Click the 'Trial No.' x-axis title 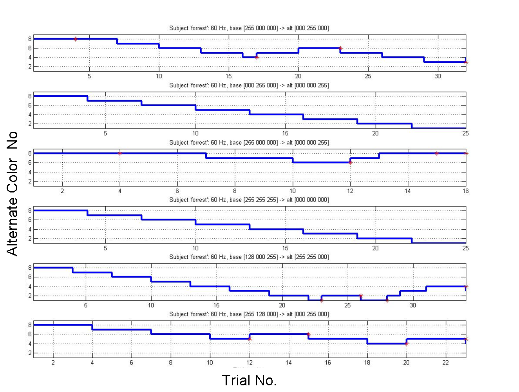click(x=249, y=380)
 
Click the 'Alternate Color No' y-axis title click(x=13, y=194)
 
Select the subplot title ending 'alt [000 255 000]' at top click(x=249, y=28)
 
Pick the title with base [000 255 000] click(x=249, y=85)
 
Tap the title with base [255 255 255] click(x=249, y=200)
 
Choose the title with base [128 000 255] click(x=249, y=257)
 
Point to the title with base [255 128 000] click(x=249, y=314)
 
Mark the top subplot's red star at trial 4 click(x=76, y=39)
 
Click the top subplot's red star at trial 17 click(x=257, y=57)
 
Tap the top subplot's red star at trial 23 click(x=340, y=48)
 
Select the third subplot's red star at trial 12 click(x=350, y=162)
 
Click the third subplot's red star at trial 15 click(x=437, y=153)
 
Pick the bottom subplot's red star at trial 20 click(x=407, y=344)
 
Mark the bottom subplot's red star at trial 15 click(x=308, y=334)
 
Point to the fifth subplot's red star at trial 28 click(x=387, y=301)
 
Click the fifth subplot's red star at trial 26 click(x=361, y=296)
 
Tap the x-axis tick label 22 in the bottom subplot click(x=446, y=363)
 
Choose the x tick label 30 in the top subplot click(x=438, y=76)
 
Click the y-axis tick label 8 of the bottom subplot click(x=30, y=325)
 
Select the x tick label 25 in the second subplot click(x=465, y=133)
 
